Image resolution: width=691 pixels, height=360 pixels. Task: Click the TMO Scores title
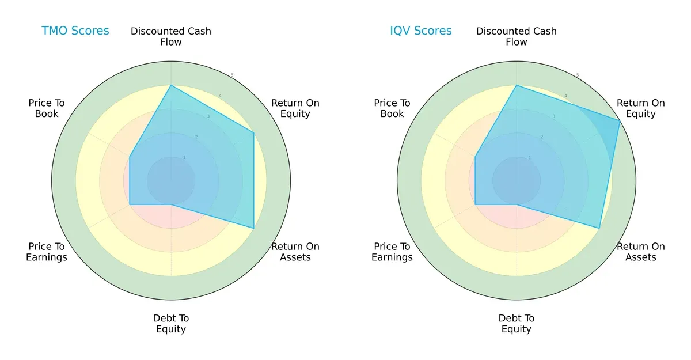(x=75, y=31)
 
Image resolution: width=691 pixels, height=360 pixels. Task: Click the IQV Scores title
(x=420, y=31)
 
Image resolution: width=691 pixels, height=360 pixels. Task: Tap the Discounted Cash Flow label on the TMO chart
(x=171, y=36)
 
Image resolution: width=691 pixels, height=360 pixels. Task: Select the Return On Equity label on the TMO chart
(x=295, y=108)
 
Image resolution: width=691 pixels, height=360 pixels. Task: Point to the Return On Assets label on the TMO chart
(x=295, y=252)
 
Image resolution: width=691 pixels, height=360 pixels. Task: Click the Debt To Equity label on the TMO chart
(x=171, y=324)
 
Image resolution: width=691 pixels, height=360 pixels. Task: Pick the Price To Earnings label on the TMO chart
(x=47, y=252)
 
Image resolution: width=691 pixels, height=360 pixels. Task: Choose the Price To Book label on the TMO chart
(x=47, y=108)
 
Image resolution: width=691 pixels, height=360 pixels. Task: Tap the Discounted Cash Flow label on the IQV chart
(x=517, y=36)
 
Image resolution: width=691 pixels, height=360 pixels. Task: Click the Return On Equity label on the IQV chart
(x=640, y=108)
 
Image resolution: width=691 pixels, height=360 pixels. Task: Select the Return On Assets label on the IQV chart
(x=640, y=252)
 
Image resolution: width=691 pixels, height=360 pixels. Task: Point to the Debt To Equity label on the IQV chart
(x=517, y=324)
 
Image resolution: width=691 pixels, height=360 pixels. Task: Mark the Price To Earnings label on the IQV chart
(x=392, y=252)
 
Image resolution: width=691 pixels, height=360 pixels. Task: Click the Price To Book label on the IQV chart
(x=392, y=108)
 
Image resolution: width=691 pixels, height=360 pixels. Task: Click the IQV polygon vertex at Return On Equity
(x=620, y=121)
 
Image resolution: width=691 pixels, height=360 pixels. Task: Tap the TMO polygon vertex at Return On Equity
(x=253, y=133)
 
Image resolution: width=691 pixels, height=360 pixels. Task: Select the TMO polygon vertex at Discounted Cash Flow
(x=171, y=85)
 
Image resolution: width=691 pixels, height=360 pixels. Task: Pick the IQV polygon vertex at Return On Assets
(x=599, y=228)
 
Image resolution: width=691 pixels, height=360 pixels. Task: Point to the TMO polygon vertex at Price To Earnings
(x=130, y=204)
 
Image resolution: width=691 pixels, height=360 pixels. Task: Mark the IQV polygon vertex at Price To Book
(x=475, y=157)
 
